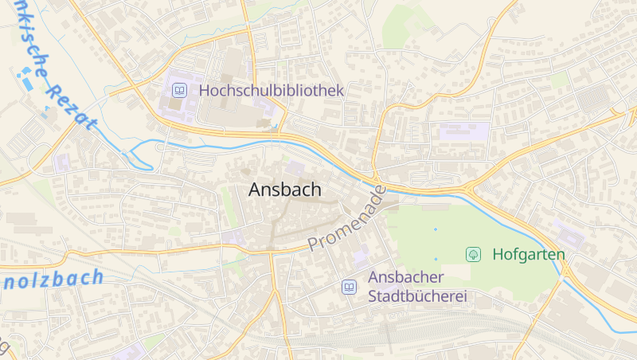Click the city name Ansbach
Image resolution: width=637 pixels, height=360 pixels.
285,190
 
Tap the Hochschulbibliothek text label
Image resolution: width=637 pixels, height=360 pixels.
271,91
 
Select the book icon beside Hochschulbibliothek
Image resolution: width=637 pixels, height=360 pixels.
179,91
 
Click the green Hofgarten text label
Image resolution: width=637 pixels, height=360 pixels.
529,255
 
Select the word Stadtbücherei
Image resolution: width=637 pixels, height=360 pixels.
416,297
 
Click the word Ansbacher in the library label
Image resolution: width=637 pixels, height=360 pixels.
406,277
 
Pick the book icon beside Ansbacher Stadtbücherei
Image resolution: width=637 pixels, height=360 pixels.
349,287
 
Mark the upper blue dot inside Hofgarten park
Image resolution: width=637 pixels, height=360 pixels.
436,229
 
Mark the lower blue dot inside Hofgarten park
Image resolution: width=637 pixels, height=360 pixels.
436,259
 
